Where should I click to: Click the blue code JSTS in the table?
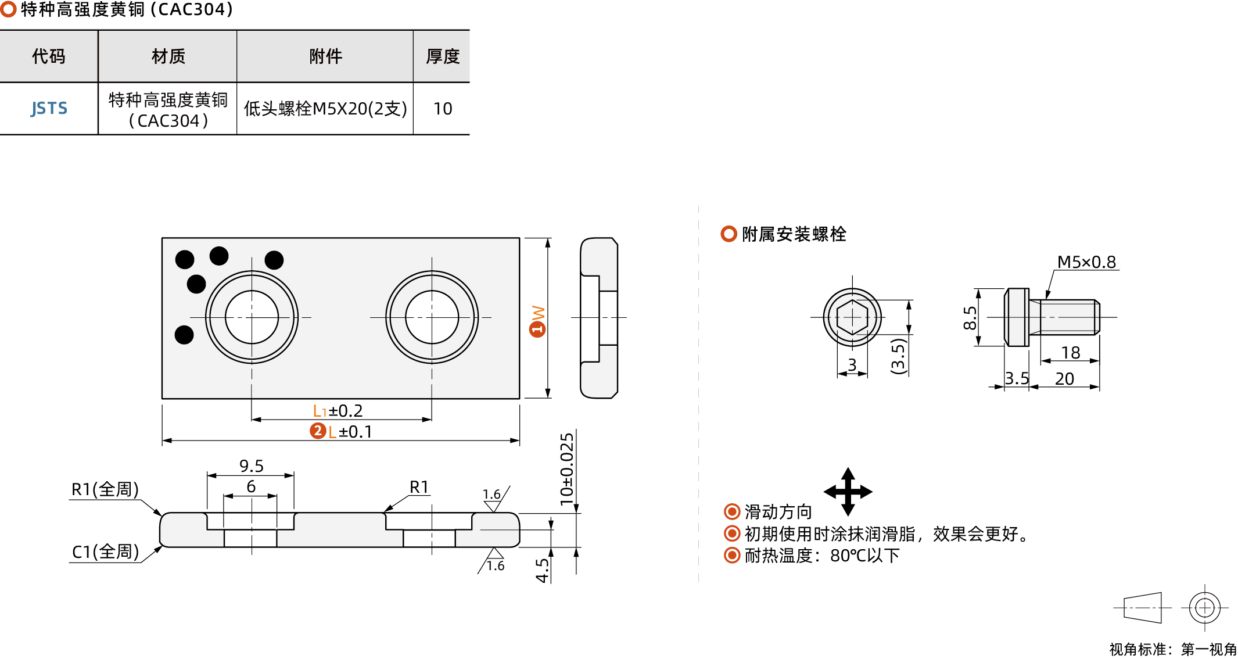pyautogui.click(x=49, y=109)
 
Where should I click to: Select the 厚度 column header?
pyautogui.click(x=442, y=56)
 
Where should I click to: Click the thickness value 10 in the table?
pyautogui.click(x=442, y=109)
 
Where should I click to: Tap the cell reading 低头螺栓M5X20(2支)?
pyautogui.click(x=325, y=109)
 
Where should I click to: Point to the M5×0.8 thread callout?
pyautogui.click(x=1086, y=262)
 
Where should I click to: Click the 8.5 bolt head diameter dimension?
pyautogui.click(x=970, y=318)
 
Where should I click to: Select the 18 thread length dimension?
pyautogui.click(x=1070, y=352)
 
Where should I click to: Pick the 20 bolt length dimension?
pyautogui.click(x=1064, y=379)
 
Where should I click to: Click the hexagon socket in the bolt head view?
pyautogui.click(x=852, y=317)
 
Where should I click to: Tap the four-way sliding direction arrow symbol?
pyautogui.click(x=848, y=492)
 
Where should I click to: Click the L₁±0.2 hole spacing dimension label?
pyautogui.click(x=338, y=411)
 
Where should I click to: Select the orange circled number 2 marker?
pyautogui.click(x=318, y=431)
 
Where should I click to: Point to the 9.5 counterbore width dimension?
pyautogui.click(x=251, y=466)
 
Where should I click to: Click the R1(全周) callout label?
pyautogui.click(x=105, y=489)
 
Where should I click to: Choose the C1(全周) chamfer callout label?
pyautogui.click(x=105, y=551)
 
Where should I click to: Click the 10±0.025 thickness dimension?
pyautogui.click(x=566, y=468)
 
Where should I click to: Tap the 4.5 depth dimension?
pyautogui.click(x=542, y=570)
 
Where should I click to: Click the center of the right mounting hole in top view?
pyautogui.click(x=432, y=317)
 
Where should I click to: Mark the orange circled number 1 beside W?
pyautogui.click(x=537, y=329)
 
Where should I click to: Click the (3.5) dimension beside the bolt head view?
pyautogui.click(x=898, y=356)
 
